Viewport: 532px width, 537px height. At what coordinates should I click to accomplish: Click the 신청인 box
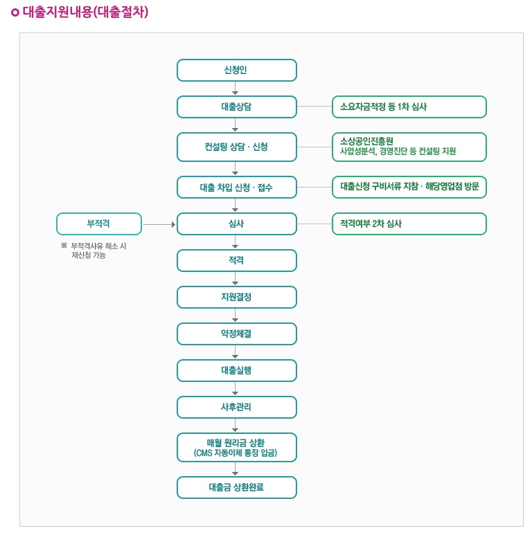pyautogui.click(x=236, y=71)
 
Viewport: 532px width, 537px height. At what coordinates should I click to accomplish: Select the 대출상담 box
pyautogui.click(x=236, y=107)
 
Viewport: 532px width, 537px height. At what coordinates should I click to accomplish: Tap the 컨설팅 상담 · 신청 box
pyautogui.click(x=236, y=147)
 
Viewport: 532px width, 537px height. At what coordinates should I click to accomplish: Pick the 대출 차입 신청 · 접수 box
pyautogui.click(x=236, y=188)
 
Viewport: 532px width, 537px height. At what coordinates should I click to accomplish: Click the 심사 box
pyautogui.click(x=236, y=224)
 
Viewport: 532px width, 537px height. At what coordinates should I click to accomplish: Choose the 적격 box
pyautogui.click(x=236, y=261)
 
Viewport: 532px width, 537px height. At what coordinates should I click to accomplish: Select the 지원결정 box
pyautogui.click(x=236, y=298)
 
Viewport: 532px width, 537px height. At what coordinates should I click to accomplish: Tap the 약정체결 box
pyautogui.click(x=236, y=334)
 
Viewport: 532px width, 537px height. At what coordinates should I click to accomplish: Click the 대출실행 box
pyautogui.click(x=236, y=371)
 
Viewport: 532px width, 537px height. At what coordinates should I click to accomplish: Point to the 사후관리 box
pyautogui.click(x=236, y=408)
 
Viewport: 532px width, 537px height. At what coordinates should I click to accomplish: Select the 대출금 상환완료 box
pyautogui.click(x=236, y=488)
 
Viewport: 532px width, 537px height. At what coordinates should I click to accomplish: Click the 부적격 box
pyautogui.click(x=98, y=224)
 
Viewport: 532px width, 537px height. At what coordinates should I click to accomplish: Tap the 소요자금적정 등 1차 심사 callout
pyautogui.click(x=409, y=107)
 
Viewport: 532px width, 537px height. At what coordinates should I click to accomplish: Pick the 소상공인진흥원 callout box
pyautogui.click(x=409, y=147)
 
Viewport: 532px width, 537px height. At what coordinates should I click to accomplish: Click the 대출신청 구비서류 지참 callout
pyautogui.click(x=409, y=188)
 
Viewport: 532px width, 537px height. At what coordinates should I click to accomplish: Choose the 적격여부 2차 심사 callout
pyautogui.click(x=409, y=224)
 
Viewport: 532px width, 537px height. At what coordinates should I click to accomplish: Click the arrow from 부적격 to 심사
pyautogui.click(x=159, y=224)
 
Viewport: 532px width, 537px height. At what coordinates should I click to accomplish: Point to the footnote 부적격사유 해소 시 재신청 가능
pyautogui.click(x=94, y=251)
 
